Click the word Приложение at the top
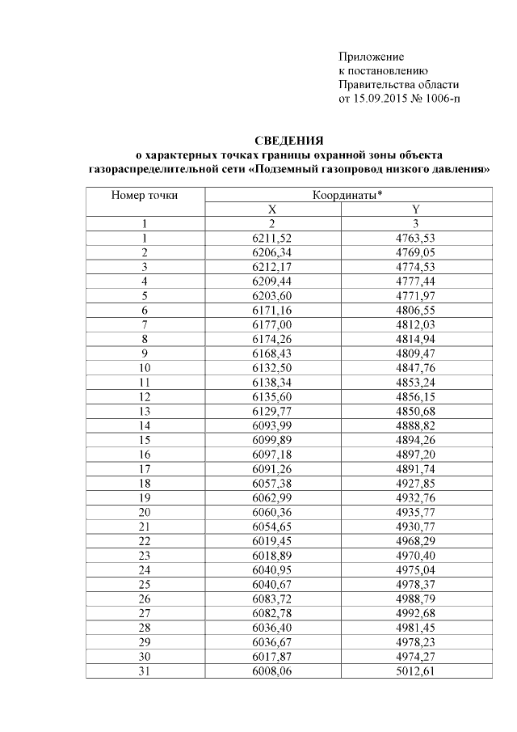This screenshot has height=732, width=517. [370, 57]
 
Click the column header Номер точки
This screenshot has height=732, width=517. [145, 195]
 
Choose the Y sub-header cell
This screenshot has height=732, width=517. [415, 209]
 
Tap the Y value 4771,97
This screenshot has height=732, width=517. [415, 295]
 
